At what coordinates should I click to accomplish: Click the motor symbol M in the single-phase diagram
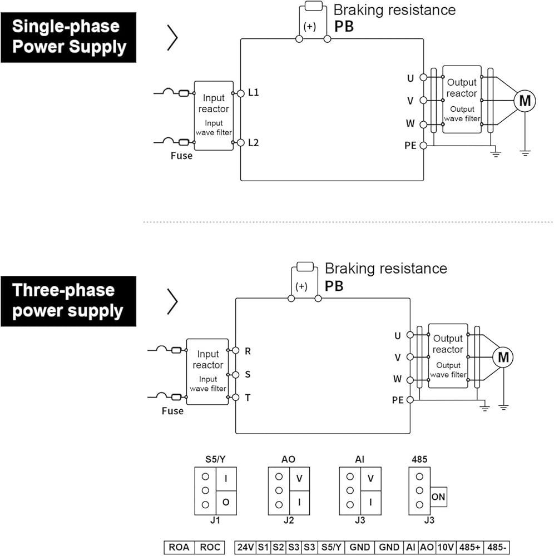[x=525, y=101]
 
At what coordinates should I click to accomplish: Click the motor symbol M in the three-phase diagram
[x=503, y=357]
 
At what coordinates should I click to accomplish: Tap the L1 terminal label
[x=253, y=93]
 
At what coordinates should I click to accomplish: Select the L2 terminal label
[x=253, y=143]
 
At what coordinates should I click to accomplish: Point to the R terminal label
[x=248, y=351]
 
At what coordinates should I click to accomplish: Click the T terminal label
[x=248, y=398]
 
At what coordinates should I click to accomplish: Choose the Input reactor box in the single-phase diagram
[x=214, y=115]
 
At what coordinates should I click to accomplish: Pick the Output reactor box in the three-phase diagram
[x=448, y=356]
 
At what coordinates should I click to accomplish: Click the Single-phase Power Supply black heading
[x=68, y=37]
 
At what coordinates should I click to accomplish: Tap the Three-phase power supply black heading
[x=68, y=301]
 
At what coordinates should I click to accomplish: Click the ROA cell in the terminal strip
[x=180, y=547]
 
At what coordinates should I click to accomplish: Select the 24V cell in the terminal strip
[x=245, y=547]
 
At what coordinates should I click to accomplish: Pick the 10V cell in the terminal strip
[x=446, y=547]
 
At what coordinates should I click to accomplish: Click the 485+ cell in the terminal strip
[x=471, y=547]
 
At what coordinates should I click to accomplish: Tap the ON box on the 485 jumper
[x=438, y=497]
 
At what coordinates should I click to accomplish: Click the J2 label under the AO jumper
[x=288, y=521]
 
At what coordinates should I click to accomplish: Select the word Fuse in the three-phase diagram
[x=172, y=411]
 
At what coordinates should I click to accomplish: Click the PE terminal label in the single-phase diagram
[x=410, y=146]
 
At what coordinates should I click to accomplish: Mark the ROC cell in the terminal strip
[x=210, y=547]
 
